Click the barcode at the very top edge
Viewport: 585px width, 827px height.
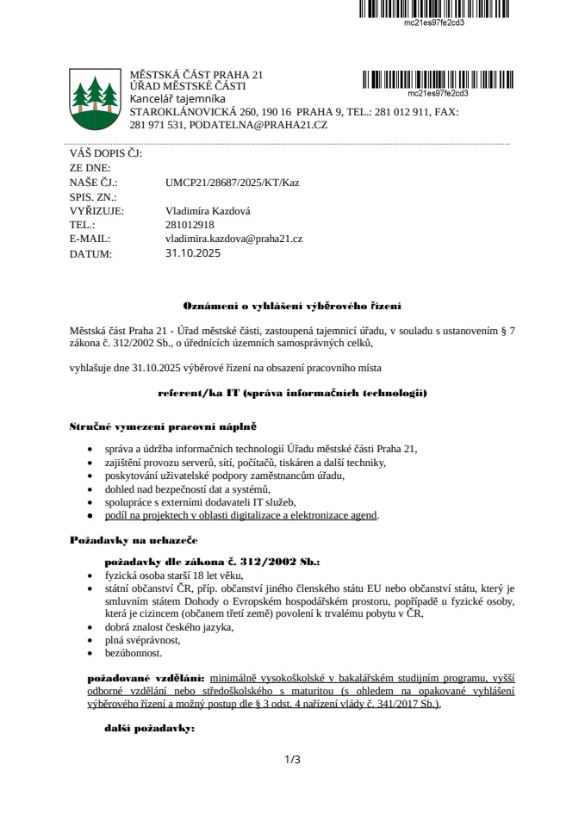[434, 9]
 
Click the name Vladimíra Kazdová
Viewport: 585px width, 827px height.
[208, 210]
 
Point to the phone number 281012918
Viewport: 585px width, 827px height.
[190, 224]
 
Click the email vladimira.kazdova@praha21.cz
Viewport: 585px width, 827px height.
[233, 238]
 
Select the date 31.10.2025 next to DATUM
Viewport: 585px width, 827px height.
[193, 253]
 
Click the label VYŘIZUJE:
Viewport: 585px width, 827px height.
[96, 210]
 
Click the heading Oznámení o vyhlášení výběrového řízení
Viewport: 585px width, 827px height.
[292, 306]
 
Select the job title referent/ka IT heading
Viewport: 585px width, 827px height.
[292, 393]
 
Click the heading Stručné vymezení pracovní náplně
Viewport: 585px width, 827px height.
[163, 426]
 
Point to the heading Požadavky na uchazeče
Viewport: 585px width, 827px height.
[134, 540]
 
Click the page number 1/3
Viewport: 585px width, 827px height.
[292, 759]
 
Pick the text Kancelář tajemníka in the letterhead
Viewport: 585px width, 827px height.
[177, 99]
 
